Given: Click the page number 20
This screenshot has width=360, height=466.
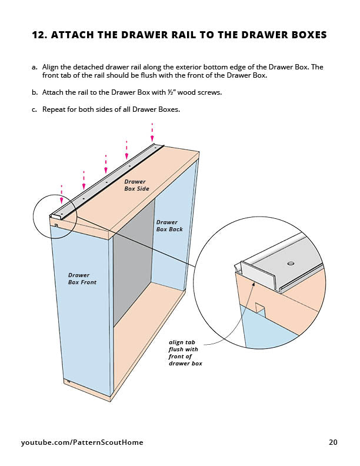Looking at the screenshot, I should coord(334,442).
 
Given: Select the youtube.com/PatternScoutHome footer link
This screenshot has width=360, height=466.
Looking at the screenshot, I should coord(82,442).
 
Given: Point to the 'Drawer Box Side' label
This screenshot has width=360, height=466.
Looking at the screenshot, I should coord(136,185).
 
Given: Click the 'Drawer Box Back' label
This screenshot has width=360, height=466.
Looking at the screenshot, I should coord(169,226).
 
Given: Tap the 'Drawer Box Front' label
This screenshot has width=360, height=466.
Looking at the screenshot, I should coord(82,278).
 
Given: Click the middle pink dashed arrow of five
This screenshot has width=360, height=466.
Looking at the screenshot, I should coord(106,165).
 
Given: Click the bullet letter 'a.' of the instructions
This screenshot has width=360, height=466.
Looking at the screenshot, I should coord(35,67).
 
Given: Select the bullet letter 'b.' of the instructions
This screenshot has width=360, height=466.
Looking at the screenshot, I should coord(35,92).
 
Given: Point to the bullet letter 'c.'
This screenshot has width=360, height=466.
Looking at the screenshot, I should coord(35,109).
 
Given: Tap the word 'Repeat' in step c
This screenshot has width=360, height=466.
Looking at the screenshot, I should coord(54,109).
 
